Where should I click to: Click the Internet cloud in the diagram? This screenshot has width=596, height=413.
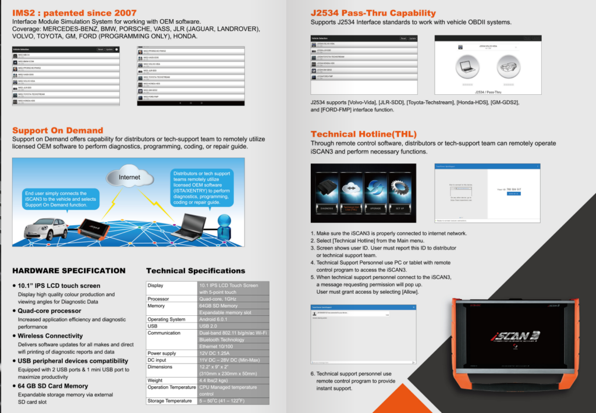coord(129,177)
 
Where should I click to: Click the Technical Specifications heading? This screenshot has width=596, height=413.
coord(196,270)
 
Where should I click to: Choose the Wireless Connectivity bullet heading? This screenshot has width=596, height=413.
coord(50,336)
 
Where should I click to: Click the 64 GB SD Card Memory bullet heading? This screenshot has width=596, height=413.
coord(52,386)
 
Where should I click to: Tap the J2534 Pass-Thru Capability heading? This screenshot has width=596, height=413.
coord(373,13)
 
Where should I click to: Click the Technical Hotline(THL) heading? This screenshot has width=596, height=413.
coord(364,134)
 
